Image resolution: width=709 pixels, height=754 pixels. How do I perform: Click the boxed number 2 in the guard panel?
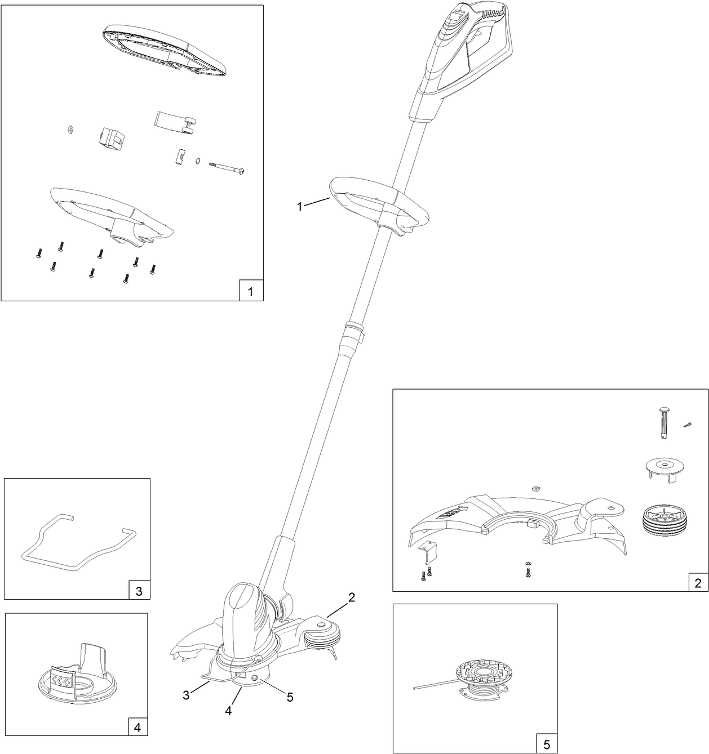(x=698, y=582)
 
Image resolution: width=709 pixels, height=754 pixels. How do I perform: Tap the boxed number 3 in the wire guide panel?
(x=139, y=591)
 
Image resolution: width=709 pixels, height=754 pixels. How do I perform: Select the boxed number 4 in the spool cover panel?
(x=137, y=727)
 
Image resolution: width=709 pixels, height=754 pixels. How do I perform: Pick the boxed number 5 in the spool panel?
(x=546, y=744)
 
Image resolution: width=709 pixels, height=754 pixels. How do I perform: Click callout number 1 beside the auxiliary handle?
(x=300, y=207)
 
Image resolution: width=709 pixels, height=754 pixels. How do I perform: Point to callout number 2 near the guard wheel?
(x=351, y=598)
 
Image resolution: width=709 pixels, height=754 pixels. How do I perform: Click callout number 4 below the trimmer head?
(x=228, y=711)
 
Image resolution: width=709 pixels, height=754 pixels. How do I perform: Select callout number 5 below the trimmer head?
(x=290, y=697)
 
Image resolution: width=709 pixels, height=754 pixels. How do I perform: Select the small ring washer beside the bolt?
(x=198, y=162)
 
